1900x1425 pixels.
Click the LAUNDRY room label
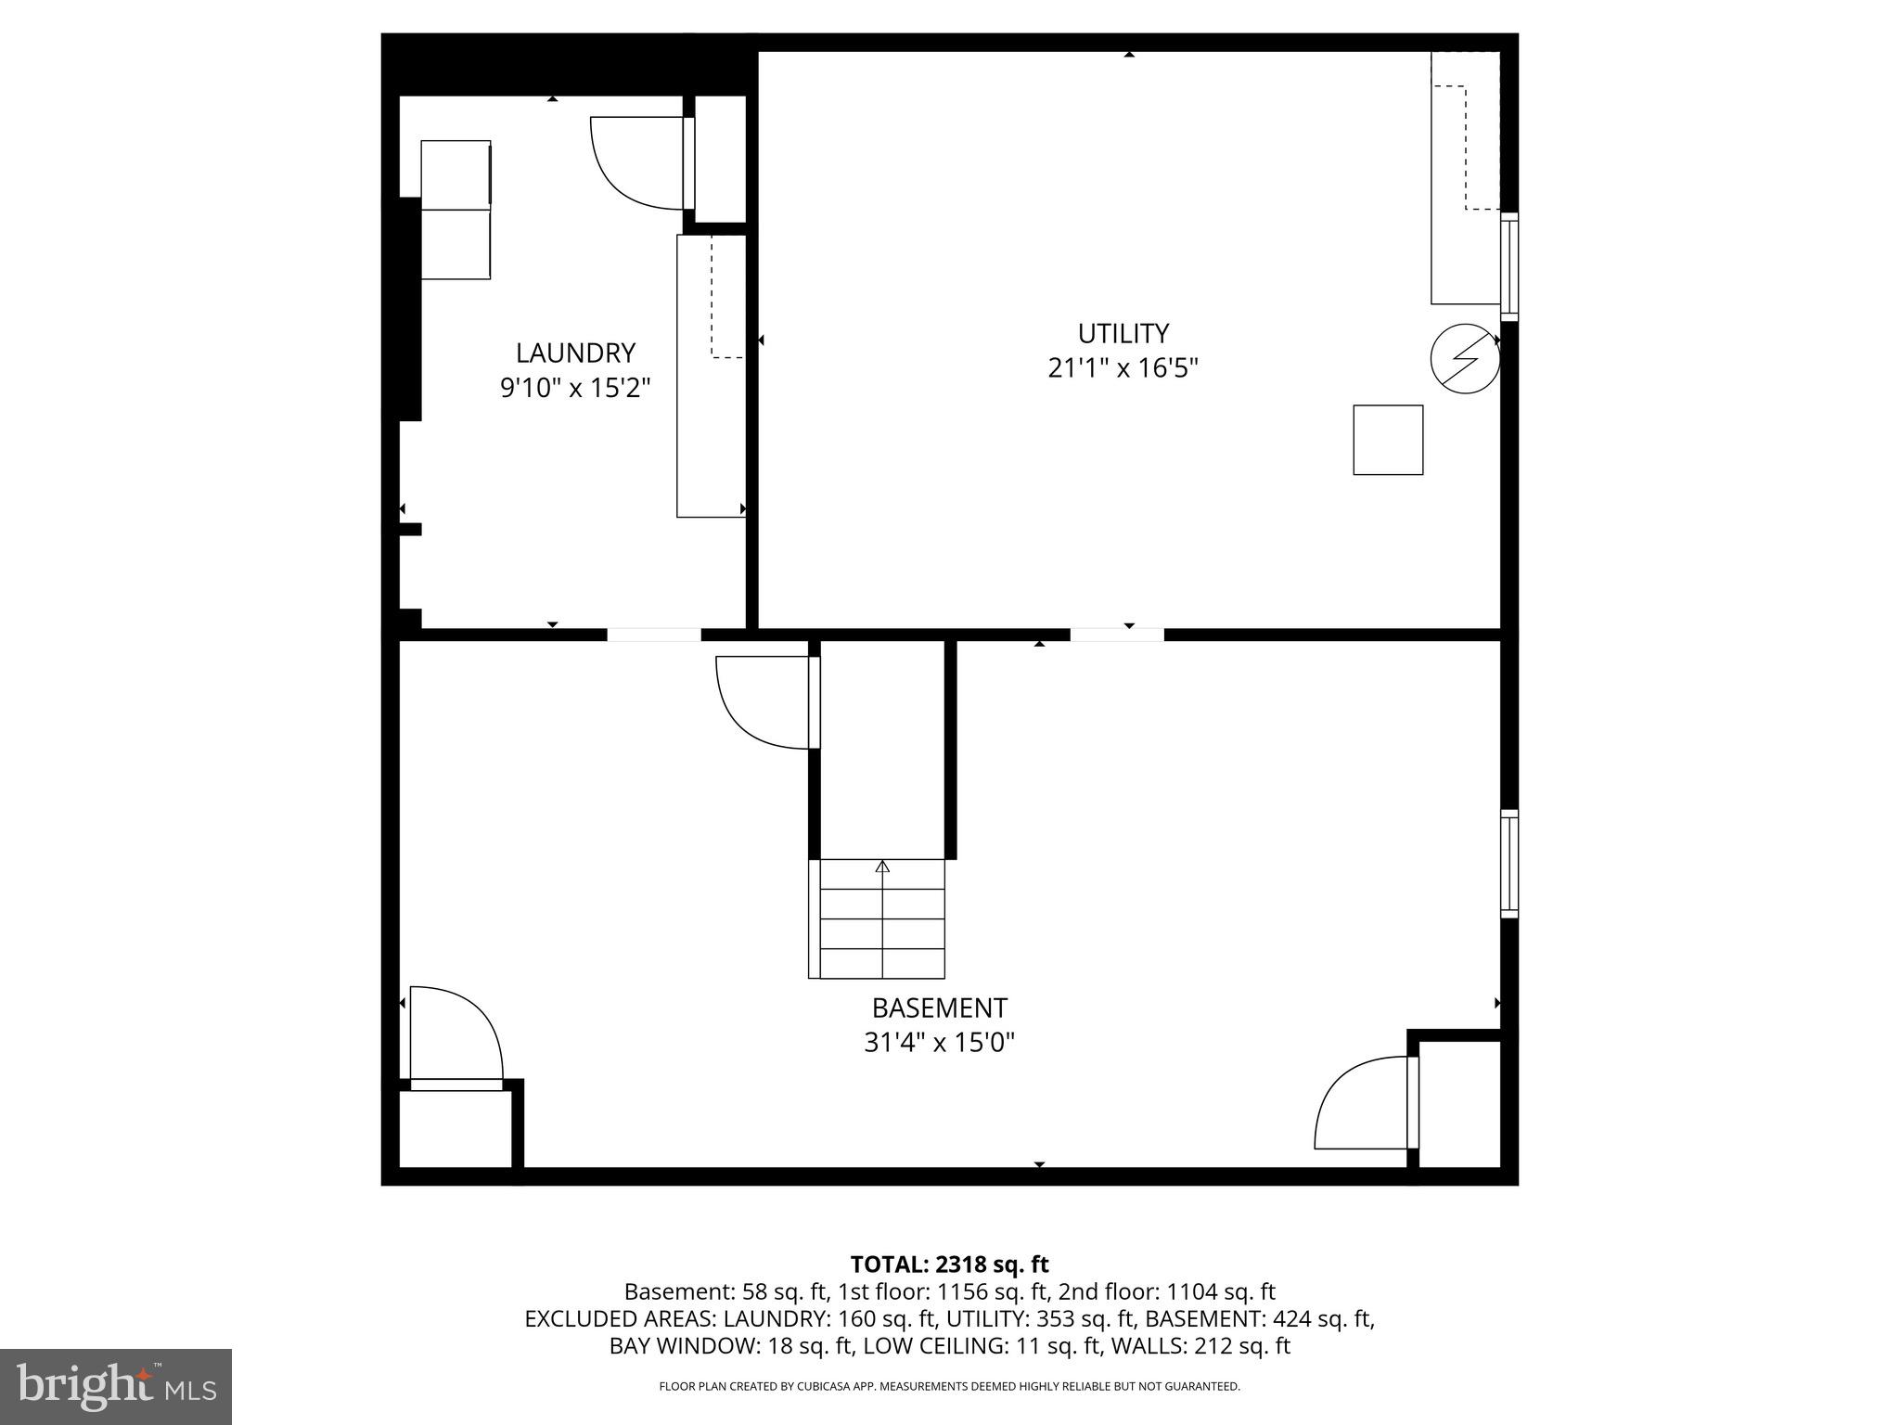point(575,353)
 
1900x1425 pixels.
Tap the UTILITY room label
point(1123,333)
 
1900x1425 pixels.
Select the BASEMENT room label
point(939,1008)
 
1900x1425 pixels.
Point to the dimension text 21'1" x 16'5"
point(1123,368)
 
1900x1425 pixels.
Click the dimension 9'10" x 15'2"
point(575,387)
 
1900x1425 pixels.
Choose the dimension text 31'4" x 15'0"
point(939,1043)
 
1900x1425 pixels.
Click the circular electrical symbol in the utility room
point(1465,358)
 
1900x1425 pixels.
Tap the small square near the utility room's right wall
point(1388,440)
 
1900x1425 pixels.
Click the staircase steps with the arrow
point(881,918)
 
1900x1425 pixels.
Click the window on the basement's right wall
point(1509,864)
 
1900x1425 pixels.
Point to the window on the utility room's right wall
point(1509,266)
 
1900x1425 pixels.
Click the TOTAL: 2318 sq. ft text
point(949,1264)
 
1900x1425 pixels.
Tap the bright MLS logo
point(116,1386)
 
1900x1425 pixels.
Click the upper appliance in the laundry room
point(456,174)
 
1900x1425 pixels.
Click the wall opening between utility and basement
point(1117,635)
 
